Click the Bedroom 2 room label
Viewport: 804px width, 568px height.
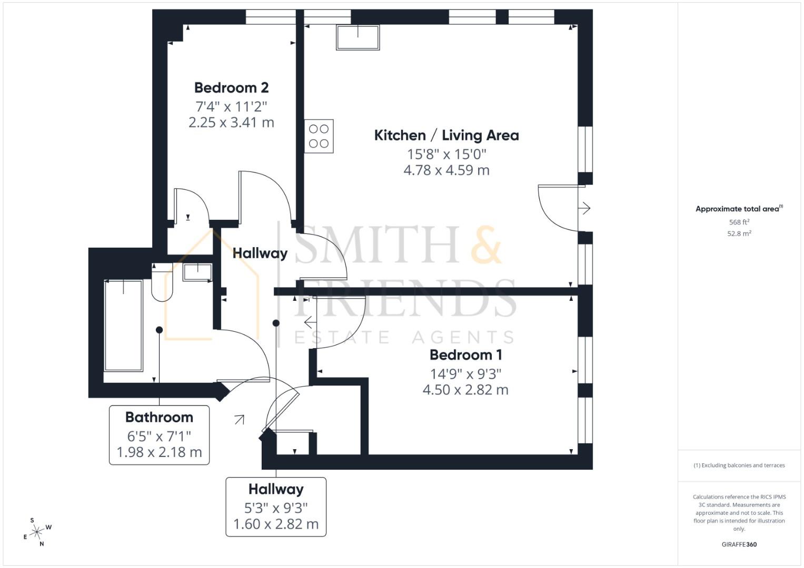click(x=231, y=87)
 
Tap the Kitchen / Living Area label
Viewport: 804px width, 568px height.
click(x=446, y=135)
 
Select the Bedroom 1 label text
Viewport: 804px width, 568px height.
click(x=465, y=354)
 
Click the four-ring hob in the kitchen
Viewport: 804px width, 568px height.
click(x=319, y=136)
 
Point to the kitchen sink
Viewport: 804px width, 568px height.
click(x=358, y=37)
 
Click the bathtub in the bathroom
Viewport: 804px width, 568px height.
click(x=123, y=326)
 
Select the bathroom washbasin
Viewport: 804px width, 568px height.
click(x=197, y=272)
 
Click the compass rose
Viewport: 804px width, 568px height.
click(x=37, y=532)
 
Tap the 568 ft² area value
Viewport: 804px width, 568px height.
click(x=739, y=222)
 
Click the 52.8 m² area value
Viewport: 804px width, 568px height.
click(x=739, y=234)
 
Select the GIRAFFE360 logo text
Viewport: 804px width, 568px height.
click(x=739, y=544)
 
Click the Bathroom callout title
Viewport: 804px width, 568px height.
click(x=159, y=417)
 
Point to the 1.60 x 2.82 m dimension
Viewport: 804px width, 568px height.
click(x=276, y=524)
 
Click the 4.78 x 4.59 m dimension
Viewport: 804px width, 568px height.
click(x=446, y=170)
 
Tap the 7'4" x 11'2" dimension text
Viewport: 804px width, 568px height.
click(x=231, y=106)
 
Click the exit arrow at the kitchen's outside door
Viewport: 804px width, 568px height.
click(x=584, y=208)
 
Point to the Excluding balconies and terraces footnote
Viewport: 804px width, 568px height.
click(x=739, y=465)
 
